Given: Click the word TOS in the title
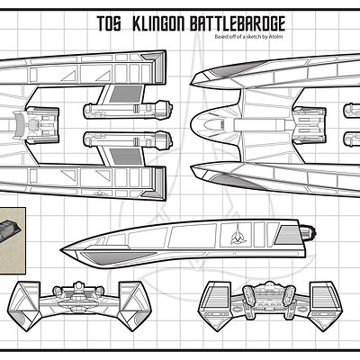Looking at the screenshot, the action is coord(109,23).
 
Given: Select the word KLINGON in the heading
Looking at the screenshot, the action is coord(158,23).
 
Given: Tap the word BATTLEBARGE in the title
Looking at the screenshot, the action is coord(237,23).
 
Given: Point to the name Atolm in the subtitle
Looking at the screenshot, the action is coord(277,37).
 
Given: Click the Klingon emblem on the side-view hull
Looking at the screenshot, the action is coord(238,234).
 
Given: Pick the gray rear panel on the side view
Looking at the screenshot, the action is coord(288,235).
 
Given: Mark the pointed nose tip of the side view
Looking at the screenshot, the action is coord(61,249).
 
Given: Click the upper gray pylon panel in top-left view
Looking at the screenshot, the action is coord(126,94).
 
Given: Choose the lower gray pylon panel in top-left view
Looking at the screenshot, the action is coord(126,157).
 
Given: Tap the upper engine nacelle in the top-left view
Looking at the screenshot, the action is coord(128,110).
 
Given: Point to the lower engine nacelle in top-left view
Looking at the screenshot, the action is coord(128,140).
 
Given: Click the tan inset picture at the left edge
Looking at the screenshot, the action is coord(12,240).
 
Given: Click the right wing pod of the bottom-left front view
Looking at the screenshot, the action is coord(133,306).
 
